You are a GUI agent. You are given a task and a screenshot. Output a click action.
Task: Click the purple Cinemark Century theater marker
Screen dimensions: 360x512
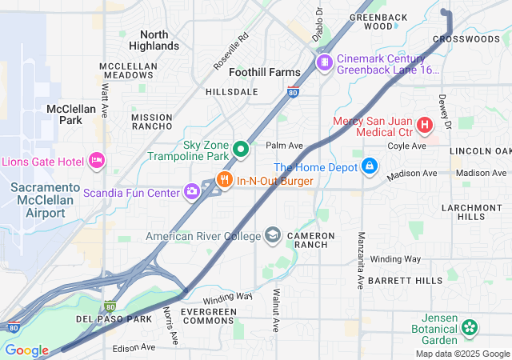click(x=324, y=62)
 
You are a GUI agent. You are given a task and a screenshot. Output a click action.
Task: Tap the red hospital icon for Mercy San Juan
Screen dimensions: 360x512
click(x=424, y=125)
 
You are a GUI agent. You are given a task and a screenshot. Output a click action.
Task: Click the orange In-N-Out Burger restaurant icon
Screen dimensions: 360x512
click(x=225, y=180)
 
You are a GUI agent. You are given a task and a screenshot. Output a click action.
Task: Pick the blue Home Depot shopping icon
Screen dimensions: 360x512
click(x=369, y=166)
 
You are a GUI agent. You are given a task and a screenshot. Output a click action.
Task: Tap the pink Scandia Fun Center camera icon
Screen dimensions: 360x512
click(x=192, y=190)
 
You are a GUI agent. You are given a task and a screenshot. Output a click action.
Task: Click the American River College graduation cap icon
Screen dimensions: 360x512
click(x=273, y=235)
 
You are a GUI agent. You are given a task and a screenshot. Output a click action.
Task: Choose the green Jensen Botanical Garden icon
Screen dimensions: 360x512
click(x=470, y=327)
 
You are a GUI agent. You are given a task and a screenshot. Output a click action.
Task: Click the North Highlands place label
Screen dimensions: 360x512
click(x=154, y=40)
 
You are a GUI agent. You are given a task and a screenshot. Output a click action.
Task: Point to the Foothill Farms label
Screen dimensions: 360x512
click(x=264, y=72)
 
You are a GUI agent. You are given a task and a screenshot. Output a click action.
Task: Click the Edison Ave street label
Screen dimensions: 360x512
click(x=134, y=348)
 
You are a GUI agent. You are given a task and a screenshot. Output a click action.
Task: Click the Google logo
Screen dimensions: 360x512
click(x=26, y=350)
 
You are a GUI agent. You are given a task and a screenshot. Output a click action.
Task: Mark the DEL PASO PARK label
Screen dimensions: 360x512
click(x=113, y=319)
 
